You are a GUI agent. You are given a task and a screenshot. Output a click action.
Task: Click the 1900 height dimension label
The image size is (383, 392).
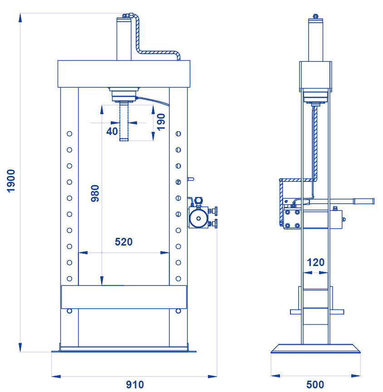point(11,181)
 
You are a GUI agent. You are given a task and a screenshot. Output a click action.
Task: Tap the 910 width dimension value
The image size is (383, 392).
point(135,385)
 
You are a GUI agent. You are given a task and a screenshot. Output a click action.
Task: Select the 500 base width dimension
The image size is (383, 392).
point(315,385)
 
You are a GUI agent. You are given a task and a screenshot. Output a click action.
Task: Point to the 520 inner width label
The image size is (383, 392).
point(123,242)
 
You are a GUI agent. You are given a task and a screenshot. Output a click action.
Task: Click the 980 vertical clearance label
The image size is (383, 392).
point(95,193)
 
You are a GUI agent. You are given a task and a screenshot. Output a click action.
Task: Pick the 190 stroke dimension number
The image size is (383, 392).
point(161,122)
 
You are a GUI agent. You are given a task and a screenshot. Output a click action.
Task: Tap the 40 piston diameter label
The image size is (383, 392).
point(112,131)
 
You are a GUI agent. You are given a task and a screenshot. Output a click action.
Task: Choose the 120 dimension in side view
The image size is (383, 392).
point(316,262)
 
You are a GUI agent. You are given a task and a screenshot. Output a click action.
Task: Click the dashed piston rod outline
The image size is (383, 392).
point(124,122)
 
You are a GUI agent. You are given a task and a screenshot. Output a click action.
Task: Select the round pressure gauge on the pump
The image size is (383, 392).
point(198,218)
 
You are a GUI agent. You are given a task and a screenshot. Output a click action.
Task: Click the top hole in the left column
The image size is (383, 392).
point(69,134)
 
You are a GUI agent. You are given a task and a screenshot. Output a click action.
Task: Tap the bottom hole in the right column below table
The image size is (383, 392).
point(178,311)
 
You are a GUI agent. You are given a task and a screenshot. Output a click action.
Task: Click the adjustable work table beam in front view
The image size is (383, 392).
point(124,297)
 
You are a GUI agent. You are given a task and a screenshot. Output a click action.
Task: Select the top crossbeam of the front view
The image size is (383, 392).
point(124,74)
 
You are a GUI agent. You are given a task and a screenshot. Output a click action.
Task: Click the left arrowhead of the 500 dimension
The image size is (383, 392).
point(275,376)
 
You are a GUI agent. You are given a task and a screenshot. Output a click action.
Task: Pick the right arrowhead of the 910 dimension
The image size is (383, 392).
point(212,376)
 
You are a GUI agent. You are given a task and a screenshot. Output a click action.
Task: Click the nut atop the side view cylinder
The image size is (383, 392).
point(315,16)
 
